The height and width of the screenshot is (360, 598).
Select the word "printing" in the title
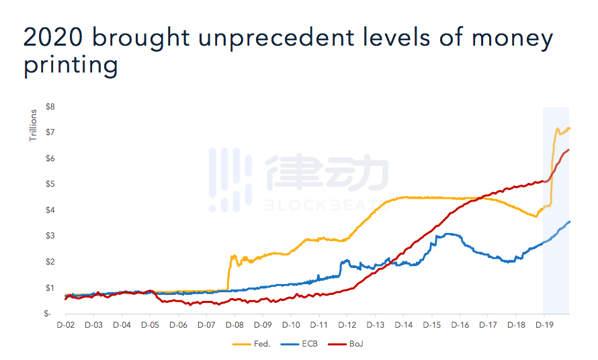click(x=71, y=65)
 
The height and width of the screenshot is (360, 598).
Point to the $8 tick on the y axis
click(x=50, y=107)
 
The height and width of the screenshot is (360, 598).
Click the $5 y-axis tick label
click(x=50, y=184)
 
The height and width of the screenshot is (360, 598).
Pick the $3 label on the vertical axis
click(x=50, y=236)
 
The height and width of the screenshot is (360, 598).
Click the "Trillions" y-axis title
click(x=33, y=126)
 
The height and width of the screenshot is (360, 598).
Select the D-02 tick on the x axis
click(x=65, y=325)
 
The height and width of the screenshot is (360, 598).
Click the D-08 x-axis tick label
click(x=234, y=325)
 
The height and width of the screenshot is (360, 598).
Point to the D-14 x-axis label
click(x=403, y=325)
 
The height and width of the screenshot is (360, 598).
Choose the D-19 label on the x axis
click(x=544, y=325)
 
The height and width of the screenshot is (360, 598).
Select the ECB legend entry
click(x=306, y=344)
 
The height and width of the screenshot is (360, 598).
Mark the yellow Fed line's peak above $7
click(x=557, y=128)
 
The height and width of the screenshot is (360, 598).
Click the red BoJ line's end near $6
click(x=568, y=150)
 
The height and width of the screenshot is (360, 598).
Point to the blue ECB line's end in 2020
click(x=569, y=222)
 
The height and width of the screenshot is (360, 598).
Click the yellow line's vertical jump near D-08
click(x=228, y=272)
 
